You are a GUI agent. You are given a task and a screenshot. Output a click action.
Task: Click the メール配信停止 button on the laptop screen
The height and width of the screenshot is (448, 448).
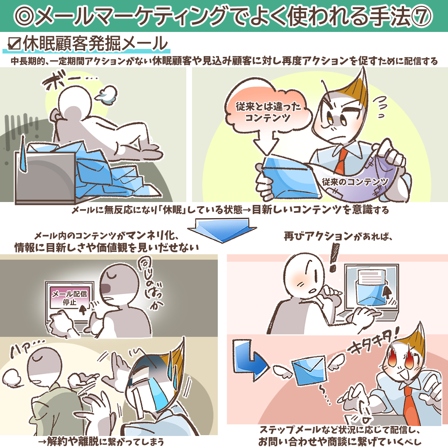click(69, 297)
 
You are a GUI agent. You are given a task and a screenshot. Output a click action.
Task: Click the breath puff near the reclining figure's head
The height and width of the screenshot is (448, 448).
click(106, 94)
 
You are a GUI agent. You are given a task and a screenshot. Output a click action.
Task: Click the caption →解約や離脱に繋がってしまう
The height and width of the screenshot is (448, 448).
click(101, 441)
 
